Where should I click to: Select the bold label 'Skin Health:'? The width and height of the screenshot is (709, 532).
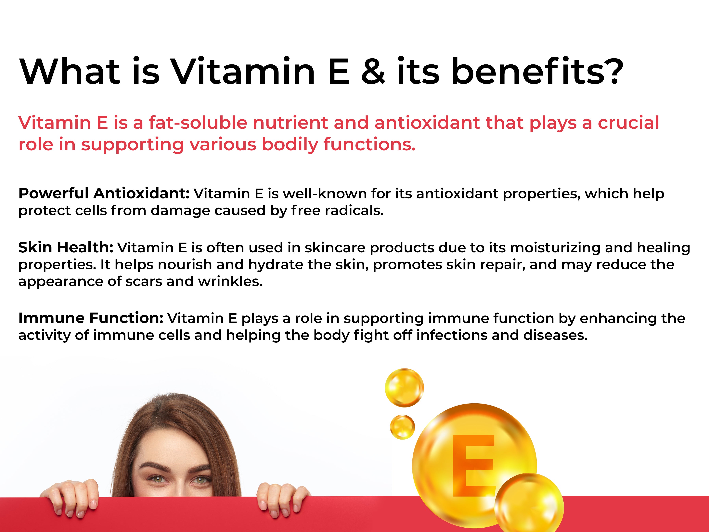(x=66, y=247)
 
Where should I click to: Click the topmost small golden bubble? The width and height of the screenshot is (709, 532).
(x=404, y=388)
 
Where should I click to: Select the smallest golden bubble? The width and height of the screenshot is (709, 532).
(x=402, y=427)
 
